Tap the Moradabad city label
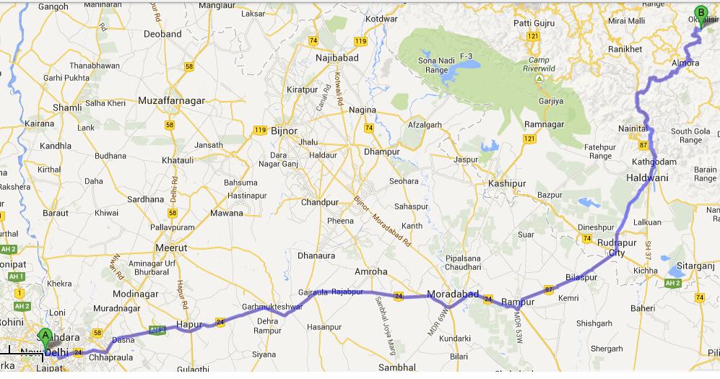453,295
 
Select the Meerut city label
172,247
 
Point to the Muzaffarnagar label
171,100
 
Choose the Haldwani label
647,178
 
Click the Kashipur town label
507,184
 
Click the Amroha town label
371,271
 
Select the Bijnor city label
283,131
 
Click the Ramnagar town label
543,124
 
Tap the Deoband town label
162,34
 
